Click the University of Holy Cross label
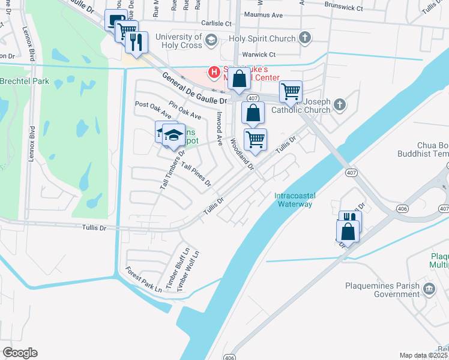coord(178,41)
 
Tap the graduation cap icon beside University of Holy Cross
coord(211,40)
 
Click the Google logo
coord(20,353)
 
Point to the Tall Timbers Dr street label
coord(172,170)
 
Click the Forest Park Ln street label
coord(143,280)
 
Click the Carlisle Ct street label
coord(216,23)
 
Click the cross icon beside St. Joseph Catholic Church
coord(339,105)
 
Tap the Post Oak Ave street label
coord(154,110)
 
